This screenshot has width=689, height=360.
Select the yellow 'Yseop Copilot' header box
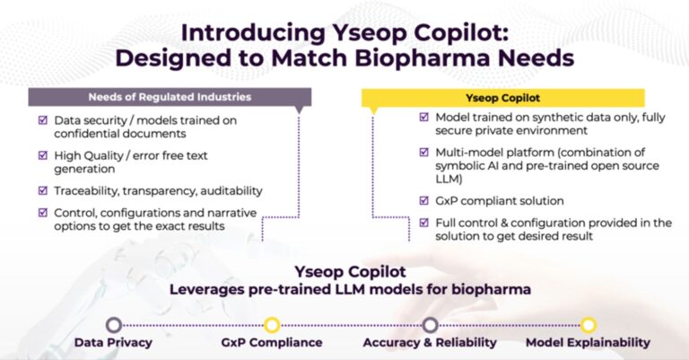click(501, 97)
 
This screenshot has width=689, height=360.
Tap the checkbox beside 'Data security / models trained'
click(43, 120)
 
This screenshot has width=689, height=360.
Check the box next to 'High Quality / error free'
click(43, 155)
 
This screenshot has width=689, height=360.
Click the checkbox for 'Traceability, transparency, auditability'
click(43, 190)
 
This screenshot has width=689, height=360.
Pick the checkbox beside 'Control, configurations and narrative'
click(43, 212)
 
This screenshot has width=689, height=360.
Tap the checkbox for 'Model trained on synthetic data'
click(423, 118)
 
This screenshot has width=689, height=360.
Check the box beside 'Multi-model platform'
click(423, 153)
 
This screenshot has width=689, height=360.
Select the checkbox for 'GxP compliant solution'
click(423, 200)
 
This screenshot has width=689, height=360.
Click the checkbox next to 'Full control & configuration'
click(423, 223)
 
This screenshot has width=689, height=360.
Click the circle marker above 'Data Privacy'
click(114, 325)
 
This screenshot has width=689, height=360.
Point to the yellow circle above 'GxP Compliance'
click(272, 325)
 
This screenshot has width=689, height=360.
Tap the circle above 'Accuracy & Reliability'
click(430, 325)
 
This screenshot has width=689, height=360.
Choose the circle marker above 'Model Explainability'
click(588, 325)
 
